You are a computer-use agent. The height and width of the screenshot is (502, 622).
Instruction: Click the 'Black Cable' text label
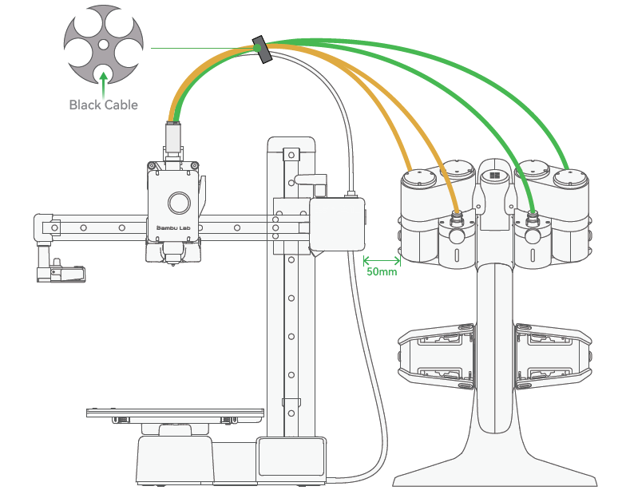(x=103, y=105)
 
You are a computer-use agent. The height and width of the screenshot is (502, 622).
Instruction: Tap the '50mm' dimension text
(x=380, y=271)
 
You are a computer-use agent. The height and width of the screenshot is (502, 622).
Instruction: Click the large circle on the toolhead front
(x=178, y=203)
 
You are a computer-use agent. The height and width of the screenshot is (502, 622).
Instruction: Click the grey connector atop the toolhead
(x=172, y=137)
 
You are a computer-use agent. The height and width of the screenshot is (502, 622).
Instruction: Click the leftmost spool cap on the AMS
(x=419, y=177)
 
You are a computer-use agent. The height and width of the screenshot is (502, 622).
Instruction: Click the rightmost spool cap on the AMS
(x=570, y=177)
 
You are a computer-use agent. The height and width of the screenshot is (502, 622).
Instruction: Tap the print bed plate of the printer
(x=175, y=413)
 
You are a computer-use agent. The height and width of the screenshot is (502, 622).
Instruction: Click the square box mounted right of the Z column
(x=337, y=225)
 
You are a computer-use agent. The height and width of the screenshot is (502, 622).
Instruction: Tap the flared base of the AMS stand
(x=494, y=467)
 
